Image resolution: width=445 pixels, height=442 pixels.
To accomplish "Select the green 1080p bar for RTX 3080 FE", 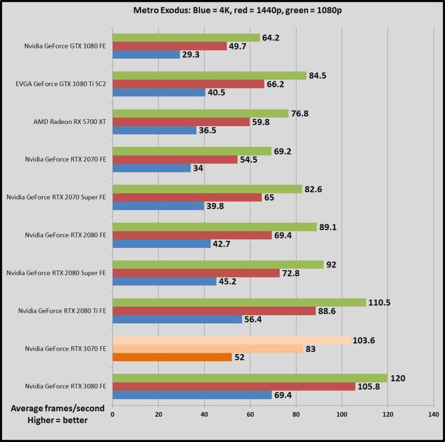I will (250, 378).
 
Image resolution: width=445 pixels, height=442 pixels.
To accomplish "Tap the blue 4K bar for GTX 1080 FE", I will (146, 55).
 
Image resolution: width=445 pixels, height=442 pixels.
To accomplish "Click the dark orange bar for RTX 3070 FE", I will (172, 357).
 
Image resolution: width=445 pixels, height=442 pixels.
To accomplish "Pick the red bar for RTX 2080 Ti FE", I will (214, 311).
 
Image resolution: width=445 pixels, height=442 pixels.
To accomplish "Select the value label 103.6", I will (366, 340).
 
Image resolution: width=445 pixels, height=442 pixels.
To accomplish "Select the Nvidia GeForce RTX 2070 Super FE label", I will (56, 197).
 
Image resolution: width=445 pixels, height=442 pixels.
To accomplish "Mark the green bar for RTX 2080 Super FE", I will (218, 264).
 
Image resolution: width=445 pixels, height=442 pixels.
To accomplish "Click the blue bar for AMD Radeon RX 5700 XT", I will (155, 130).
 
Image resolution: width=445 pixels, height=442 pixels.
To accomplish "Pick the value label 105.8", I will (374, 387).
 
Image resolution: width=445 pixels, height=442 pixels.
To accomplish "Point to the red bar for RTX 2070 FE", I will (175, 159).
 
